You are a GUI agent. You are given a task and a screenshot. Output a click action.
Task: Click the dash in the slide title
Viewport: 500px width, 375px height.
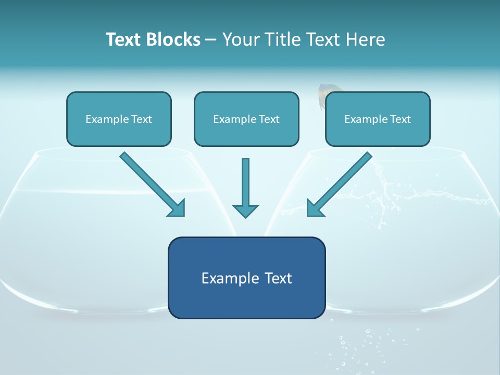211,40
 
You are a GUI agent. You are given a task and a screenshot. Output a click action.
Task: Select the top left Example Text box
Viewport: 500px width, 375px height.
119,119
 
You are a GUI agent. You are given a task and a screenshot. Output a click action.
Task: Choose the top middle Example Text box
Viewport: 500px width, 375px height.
246,119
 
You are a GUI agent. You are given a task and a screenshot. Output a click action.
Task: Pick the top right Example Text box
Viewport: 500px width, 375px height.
378,119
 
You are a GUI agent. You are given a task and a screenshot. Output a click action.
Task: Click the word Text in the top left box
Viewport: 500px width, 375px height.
142,119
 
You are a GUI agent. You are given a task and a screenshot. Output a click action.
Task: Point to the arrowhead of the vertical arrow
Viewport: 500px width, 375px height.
245,210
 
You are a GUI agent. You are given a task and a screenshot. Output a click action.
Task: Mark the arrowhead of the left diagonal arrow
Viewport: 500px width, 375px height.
177,208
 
